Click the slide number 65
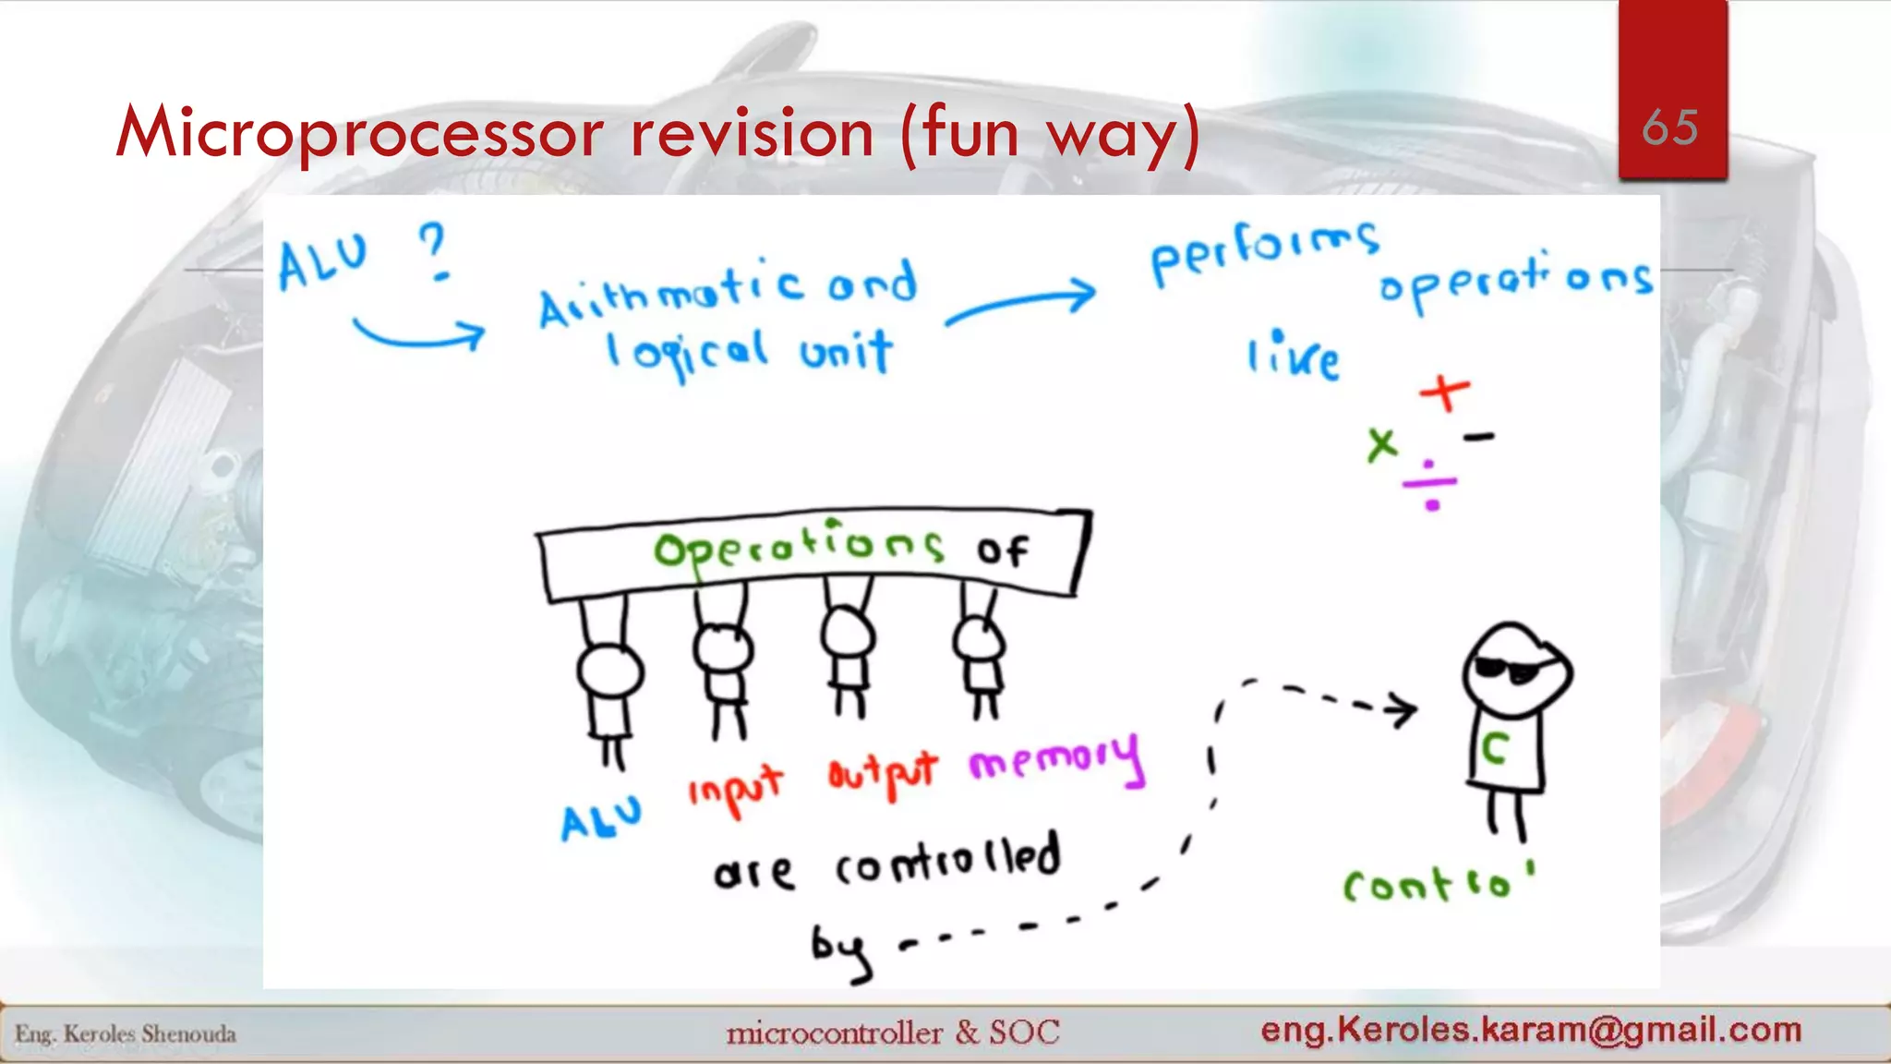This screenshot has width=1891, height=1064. tap(1670, 127)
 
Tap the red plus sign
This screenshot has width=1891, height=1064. tap(1445, 393)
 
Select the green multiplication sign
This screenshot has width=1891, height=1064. tap(1382, 444)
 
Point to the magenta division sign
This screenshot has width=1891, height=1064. tap(1430, 484)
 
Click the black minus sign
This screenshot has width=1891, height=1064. tap(1478, 437)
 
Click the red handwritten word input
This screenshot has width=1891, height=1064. tap(735, 789)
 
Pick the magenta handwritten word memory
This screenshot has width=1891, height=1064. tap(1056, 759)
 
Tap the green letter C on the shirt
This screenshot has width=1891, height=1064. tap(1495, 748)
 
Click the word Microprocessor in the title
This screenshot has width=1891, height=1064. tap(360, 133)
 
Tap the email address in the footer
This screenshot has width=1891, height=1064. tap(1531, 1029)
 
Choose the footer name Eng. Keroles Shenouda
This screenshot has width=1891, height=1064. tap(126, 1034)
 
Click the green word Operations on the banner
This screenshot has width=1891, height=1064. tap(798, 547)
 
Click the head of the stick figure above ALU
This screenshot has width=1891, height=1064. tap(609, 671)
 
